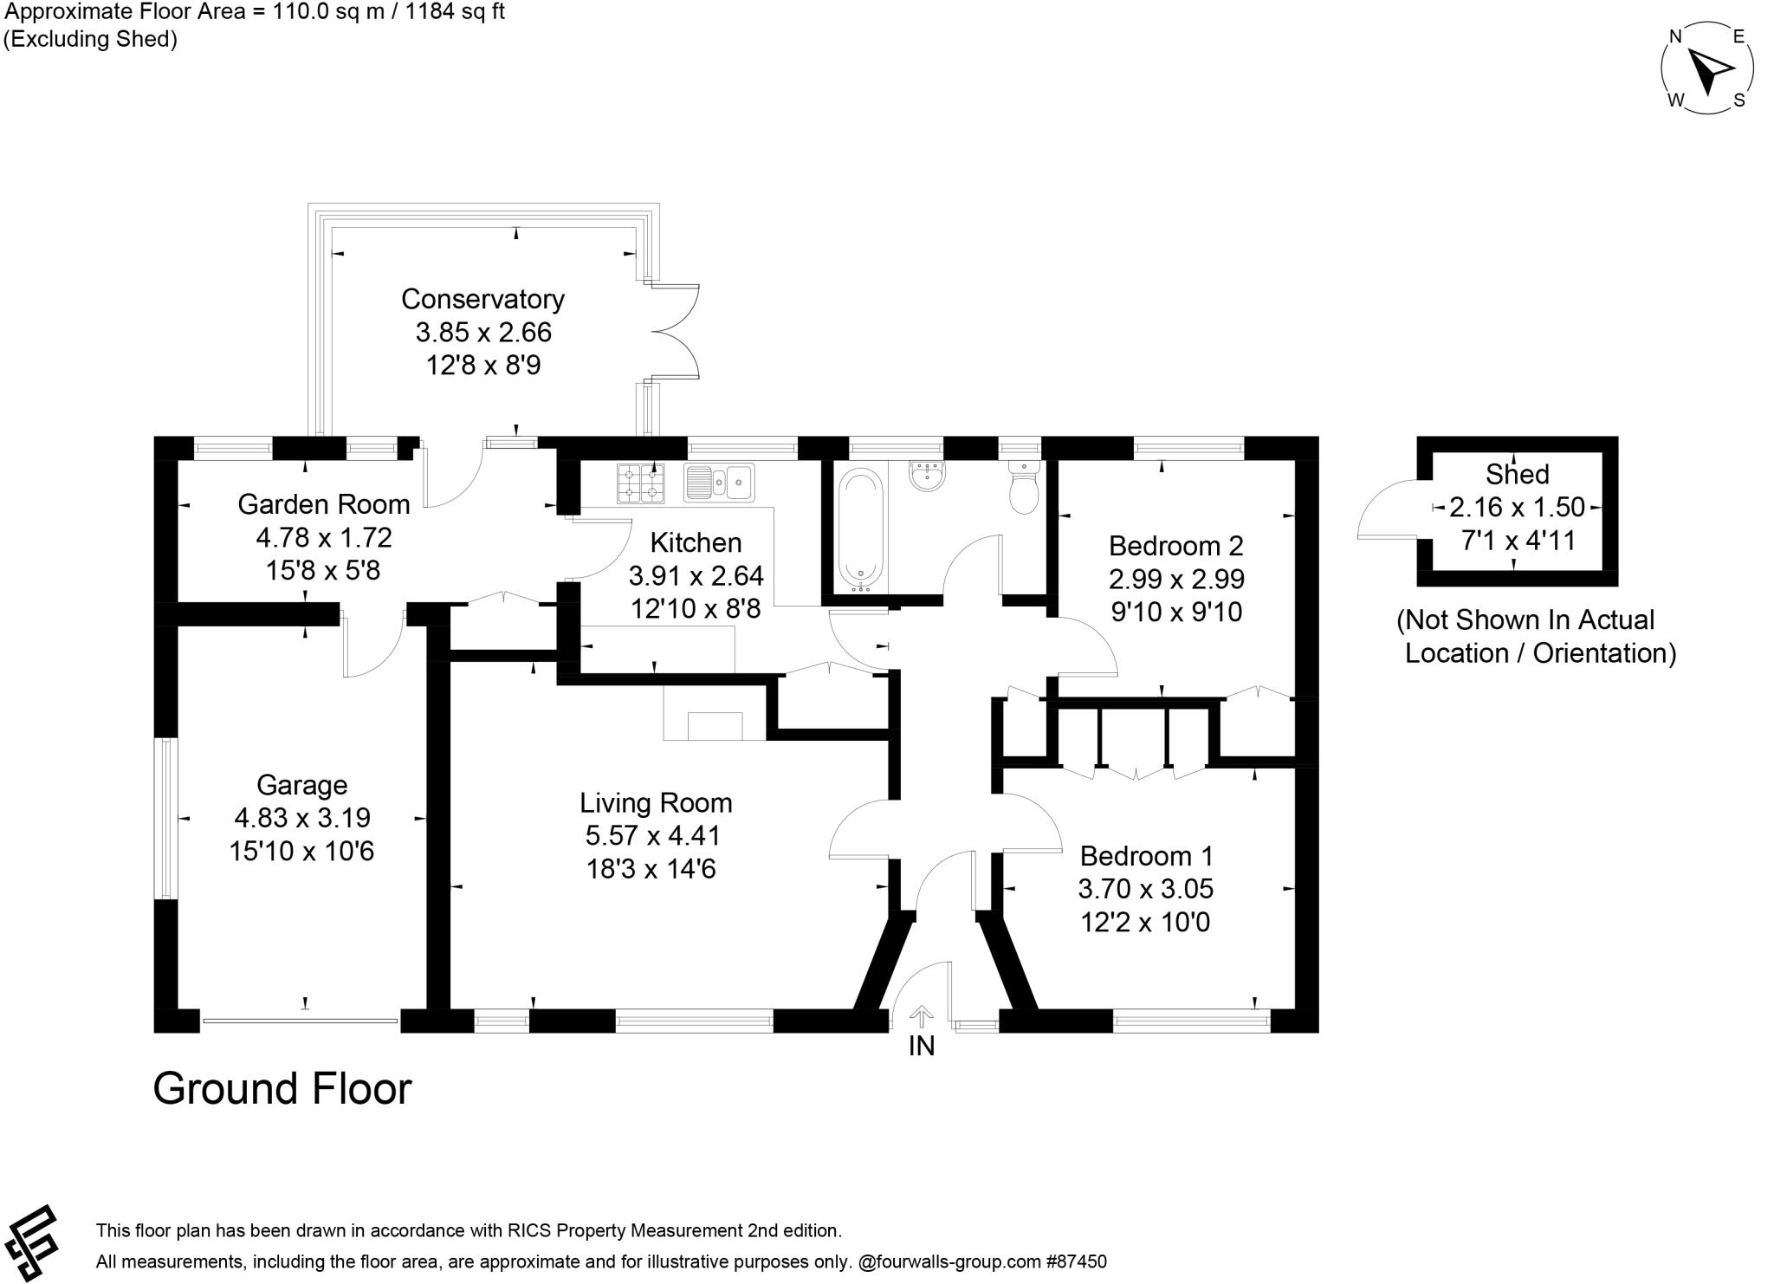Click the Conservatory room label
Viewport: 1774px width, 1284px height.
click(482, 299)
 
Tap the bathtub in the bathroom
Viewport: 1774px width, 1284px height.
click(861, 529)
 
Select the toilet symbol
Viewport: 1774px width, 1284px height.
click(1024, 490)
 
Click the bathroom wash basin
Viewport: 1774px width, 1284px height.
click(928, 476)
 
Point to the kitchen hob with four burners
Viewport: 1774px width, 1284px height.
click(641, 483)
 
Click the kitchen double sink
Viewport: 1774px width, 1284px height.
click(719, 483)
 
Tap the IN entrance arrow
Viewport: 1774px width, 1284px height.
click(922, 1016)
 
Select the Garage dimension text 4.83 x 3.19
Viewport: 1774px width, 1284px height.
click(302, 818)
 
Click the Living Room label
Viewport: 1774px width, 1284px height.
click(656, 803)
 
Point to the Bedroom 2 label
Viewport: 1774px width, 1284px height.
click(1175, 546)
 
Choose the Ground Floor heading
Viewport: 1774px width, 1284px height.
click(282, 1089)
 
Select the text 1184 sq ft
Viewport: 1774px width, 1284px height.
click(455, 12)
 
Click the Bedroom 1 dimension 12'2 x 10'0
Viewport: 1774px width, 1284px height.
click(1145, 922)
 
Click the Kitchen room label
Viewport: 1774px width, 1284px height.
click(696, 543)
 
